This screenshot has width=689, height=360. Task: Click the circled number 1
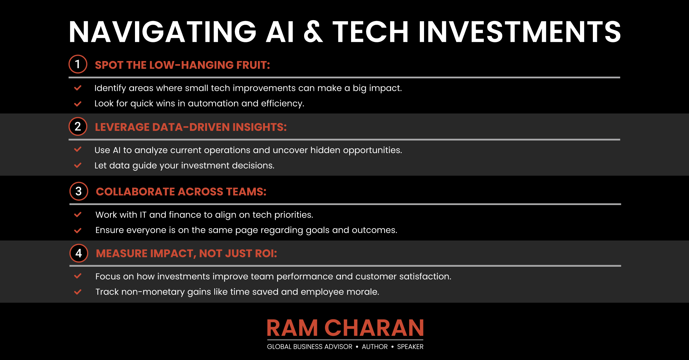coord(78,64)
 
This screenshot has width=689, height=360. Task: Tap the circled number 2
coord(78,126)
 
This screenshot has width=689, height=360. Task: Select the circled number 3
coord(79,191)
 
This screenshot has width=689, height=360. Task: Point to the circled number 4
coord(79,253)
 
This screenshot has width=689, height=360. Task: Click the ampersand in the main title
coord(313,32)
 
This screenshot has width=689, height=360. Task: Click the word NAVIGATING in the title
coord(163,32)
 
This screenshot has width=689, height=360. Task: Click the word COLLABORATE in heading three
coord(135,192)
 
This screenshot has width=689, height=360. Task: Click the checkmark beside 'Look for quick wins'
coord(78,104)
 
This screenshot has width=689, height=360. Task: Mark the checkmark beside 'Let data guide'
coord(78,165)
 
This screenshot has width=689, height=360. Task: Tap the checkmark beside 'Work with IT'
coord(78,215)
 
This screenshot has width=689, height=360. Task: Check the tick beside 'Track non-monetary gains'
coord(78,292)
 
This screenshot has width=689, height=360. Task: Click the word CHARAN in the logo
coord(374,328)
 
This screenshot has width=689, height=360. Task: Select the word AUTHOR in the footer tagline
coord(375,347)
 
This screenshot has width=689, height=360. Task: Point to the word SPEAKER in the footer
coord(410,347)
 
